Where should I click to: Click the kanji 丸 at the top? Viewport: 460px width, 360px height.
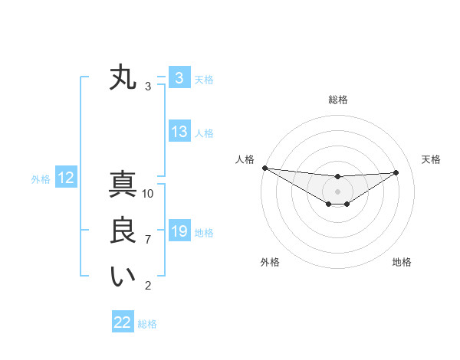tap(123, 78)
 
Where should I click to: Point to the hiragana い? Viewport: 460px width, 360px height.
tap(123, 277)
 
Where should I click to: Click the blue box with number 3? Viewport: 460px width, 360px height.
tap(179, 78)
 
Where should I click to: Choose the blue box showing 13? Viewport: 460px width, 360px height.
tap(179, 132)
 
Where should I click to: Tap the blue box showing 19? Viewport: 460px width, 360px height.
tap(179, 231)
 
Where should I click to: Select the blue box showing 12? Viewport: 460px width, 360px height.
tap(66, 178)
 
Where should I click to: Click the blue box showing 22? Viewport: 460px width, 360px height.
tap(123, 322)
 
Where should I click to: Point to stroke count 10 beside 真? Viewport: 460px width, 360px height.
tap(148, 194)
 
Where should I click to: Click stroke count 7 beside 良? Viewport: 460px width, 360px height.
tap(148, 240)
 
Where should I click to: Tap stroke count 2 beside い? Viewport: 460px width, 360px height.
tap(148, 286)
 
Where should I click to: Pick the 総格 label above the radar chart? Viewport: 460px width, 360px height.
tap(338, 100)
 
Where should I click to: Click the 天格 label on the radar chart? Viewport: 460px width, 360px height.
tap(432, 159)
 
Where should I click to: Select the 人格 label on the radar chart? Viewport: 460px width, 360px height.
tap(245, 159)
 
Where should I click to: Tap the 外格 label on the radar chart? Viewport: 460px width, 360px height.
tap(270, 262)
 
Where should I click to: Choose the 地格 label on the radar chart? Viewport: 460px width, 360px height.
tap(402, 262)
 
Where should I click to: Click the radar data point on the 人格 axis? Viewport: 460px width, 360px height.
tap(264, 168)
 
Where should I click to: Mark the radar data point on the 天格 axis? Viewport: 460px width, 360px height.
tap(396, 172)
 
